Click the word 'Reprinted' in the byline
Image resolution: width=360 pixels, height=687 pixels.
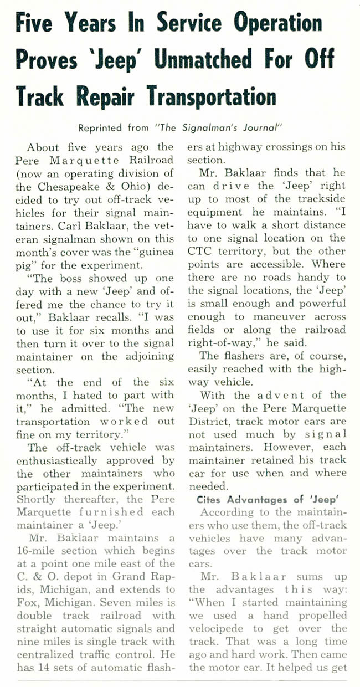102,127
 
